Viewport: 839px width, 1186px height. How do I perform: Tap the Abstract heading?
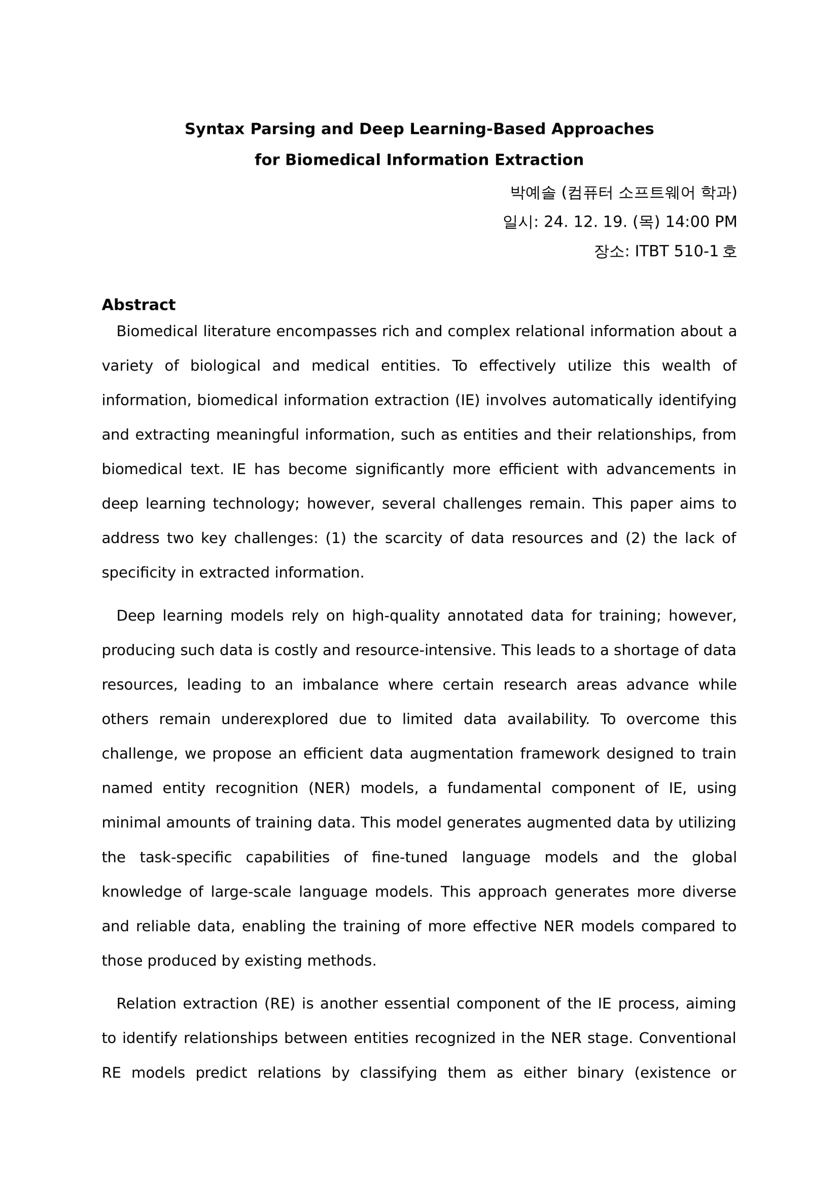tap(138, 305)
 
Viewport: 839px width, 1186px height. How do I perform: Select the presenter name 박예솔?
tap(533, 193)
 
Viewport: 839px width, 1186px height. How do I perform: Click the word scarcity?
tap(413, 538)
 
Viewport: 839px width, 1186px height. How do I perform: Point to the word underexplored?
tap(274, 720)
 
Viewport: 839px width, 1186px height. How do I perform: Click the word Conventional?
tap(687, 1038)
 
